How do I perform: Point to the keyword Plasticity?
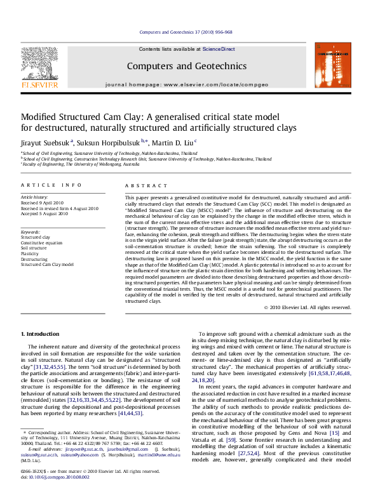32,254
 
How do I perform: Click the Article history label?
36,198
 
